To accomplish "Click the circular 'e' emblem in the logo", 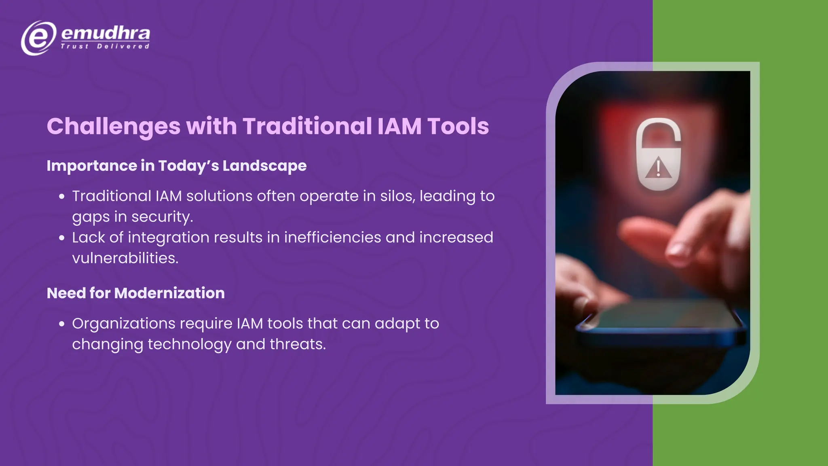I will point(38,38).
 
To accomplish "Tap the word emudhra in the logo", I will point(106,33).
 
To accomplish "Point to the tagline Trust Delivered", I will point(105,47).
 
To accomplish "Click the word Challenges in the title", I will point(114,126).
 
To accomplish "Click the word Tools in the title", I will point(458,126).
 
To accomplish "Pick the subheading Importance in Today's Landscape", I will point(176,166).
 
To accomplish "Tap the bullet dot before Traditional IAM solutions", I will point(62,197).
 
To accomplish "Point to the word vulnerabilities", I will point(125,258).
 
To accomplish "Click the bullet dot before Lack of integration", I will point(62,238).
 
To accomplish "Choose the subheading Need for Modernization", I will point(135,293).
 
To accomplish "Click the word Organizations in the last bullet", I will point(123,324).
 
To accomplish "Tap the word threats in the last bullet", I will point(297,344).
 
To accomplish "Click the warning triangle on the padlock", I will point(658,168).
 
